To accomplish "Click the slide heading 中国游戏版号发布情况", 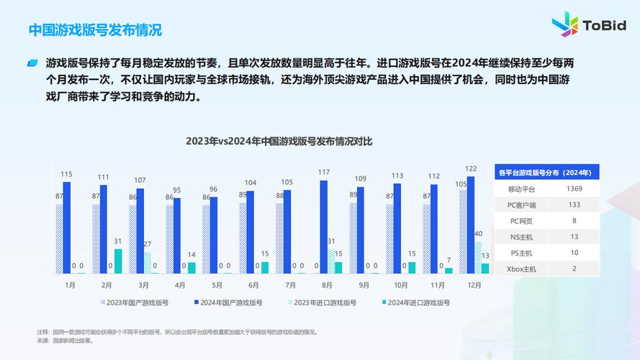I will pyautogui.click(x=95, y=30).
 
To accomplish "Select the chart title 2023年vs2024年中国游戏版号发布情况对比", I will pyautogui.click(x=279, y=141).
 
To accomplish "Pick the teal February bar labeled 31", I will pyautogui.click(x=117, y=261).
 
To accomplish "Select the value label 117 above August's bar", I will pyautogui.click(x=324, y=172).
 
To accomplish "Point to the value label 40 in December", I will pyautogui.click(x=478, y=233).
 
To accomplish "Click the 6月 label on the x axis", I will pyautogui.click(x=253, y=285).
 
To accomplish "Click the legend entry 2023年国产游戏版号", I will pyautogui.click(x=135, y=303).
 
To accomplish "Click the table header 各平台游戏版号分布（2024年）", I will pyautogui.click(x=545, y=173).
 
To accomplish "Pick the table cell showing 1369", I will pyautogui.click(x=574, y=189).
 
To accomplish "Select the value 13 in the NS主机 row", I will pyautogui.click(x=574, y=237).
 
